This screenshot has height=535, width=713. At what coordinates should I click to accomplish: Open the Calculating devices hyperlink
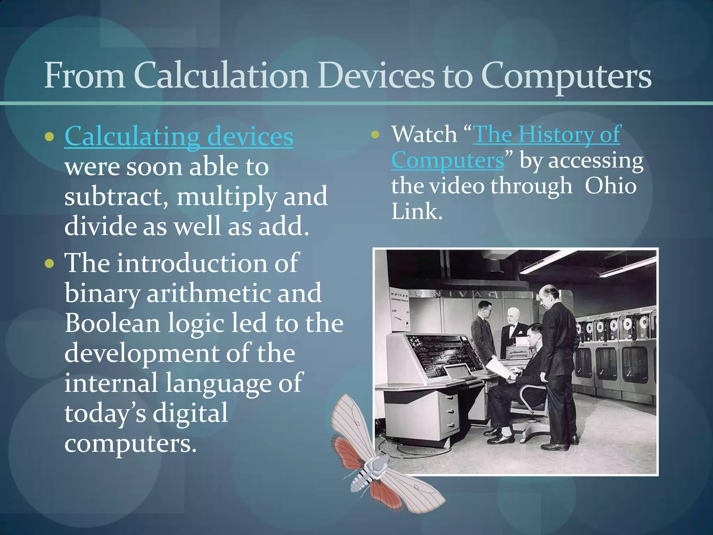coord(179,137)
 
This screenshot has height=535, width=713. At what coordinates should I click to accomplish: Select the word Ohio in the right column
coord(610,186)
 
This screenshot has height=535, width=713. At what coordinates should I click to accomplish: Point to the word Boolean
coord(112,323)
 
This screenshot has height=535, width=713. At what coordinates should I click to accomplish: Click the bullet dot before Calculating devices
coord(49,137)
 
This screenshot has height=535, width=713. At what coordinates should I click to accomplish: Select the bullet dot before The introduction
coord(49,263)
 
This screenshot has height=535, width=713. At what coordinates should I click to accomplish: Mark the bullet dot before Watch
coord(375,134)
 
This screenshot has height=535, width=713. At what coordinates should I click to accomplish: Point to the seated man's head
coord(535,333)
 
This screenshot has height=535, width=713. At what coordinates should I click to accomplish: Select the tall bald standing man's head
coord(547,295)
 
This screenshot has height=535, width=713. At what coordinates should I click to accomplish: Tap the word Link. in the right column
coord(417,211)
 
